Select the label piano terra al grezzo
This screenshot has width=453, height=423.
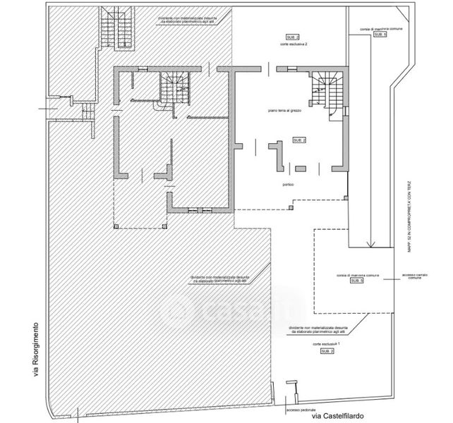click(x=285, y=111)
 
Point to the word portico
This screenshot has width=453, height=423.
click(x=286, y=185)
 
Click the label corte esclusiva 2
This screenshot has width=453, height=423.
click(x=293, y=44)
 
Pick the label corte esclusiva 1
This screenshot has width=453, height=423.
click(x=327, y=343)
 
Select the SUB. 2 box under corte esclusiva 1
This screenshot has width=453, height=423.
click(x=327, y=351)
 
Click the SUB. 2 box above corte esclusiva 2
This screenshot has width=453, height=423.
click(x=292, y=35)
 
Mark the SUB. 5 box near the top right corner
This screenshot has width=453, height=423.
click(x=380, y=34)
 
